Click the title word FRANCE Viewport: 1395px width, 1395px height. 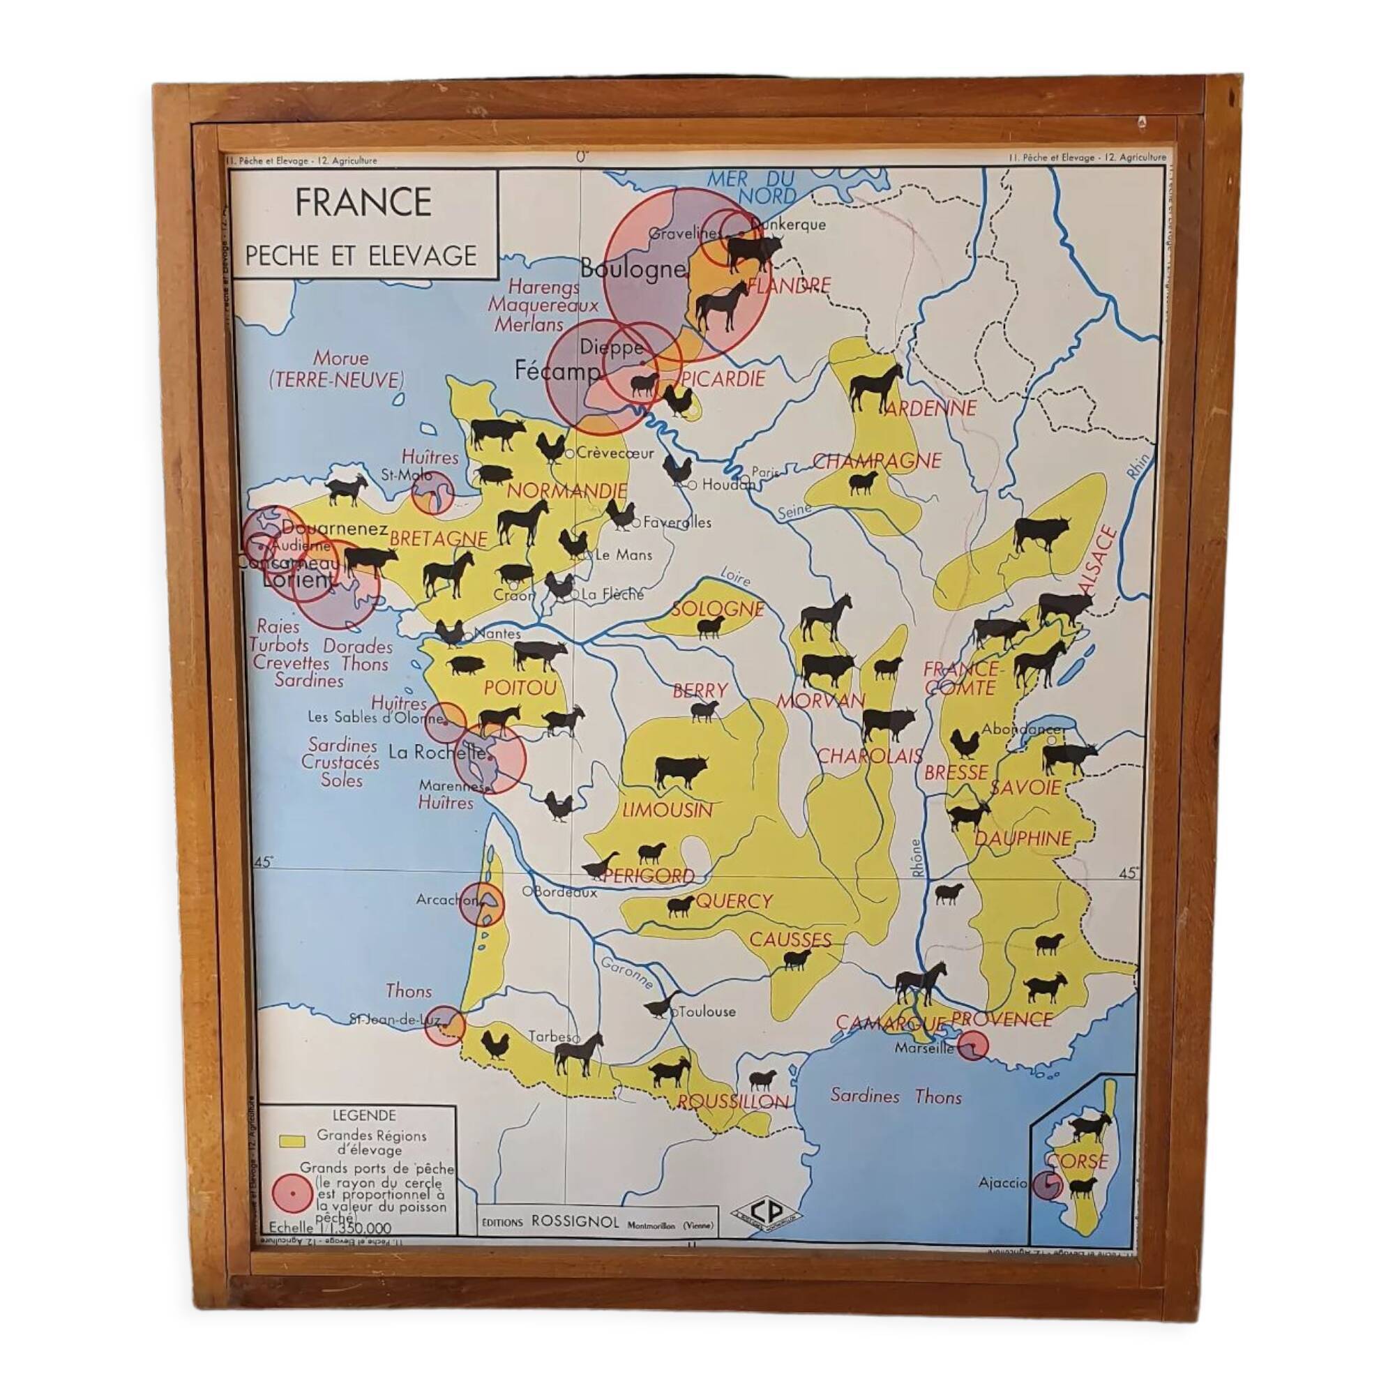[x=363, y=203]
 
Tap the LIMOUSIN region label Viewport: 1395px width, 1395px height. [x=668, y=810]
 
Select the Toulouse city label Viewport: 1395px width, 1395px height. [x=707, y=1011]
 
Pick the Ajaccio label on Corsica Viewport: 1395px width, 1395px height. [x=1002, y=1183]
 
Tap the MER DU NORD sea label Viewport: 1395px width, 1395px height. [x=751, y=187]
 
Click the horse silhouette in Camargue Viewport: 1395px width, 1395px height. [x=921, y=983]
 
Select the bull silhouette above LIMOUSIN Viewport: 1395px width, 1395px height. [x=680, y=771]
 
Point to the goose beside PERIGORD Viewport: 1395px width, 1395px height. [x=601, y=865]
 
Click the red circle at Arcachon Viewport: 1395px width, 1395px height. [x=483, y=904]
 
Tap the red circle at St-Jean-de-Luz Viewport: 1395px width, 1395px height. [x=444, y=1025]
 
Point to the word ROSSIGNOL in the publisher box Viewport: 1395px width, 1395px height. [x=575, y=1221]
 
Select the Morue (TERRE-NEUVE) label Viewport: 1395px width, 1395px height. [x=337, y=369]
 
